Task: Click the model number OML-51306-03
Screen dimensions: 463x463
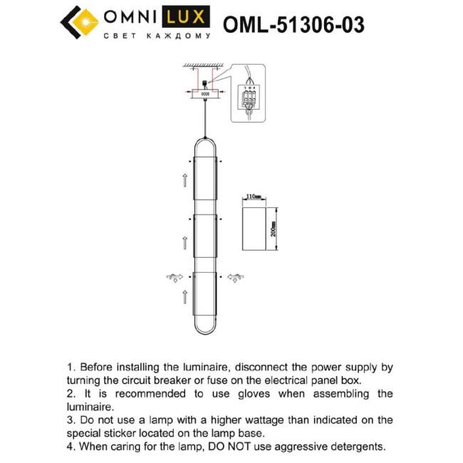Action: click(x=294, y=24)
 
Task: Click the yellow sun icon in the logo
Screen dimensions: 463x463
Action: click(x=84, y=22)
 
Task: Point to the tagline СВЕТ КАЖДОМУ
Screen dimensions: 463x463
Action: click(x=157, y=36)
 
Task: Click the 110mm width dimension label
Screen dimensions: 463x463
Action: click(x=253, y=195)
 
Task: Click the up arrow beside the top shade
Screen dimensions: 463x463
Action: click(x=185, y=178)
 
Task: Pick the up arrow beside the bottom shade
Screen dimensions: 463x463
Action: click(x=185, y=296)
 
